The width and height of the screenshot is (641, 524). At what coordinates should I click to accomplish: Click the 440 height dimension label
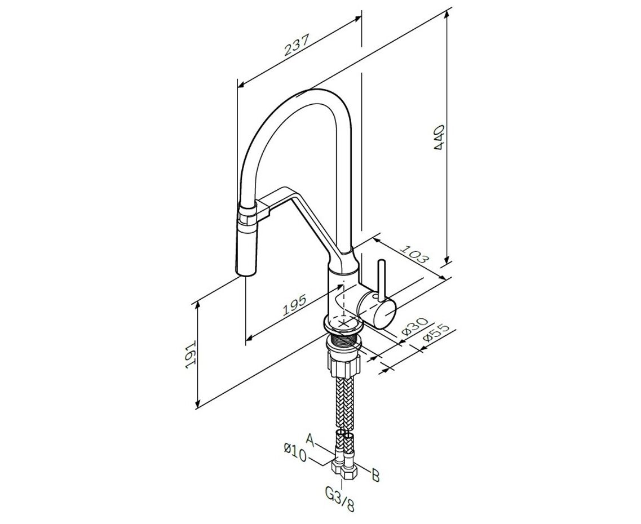(x=440, y=137)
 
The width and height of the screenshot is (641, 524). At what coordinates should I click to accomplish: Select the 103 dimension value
(x=414, y=254)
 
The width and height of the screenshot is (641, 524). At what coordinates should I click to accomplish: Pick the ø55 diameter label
(x=436, y=334)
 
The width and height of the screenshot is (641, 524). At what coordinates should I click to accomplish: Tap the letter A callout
(x=311, y=440)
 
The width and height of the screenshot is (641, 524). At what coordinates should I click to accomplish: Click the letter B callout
(x=375, y=476)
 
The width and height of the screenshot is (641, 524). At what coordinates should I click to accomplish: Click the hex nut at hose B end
(x=349, y=471)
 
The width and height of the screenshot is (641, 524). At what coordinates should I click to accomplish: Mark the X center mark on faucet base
(x=344, y=323)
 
